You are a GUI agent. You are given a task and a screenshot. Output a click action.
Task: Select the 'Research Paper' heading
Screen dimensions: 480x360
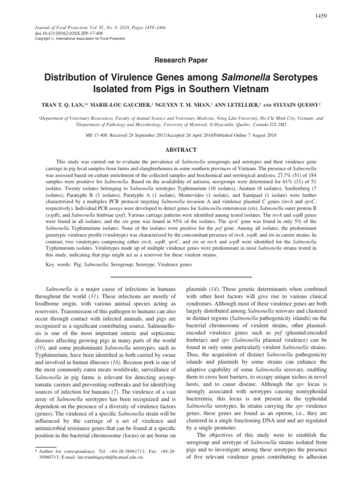180,60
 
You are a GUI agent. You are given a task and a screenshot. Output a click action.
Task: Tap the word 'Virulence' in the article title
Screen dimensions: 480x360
147,76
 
